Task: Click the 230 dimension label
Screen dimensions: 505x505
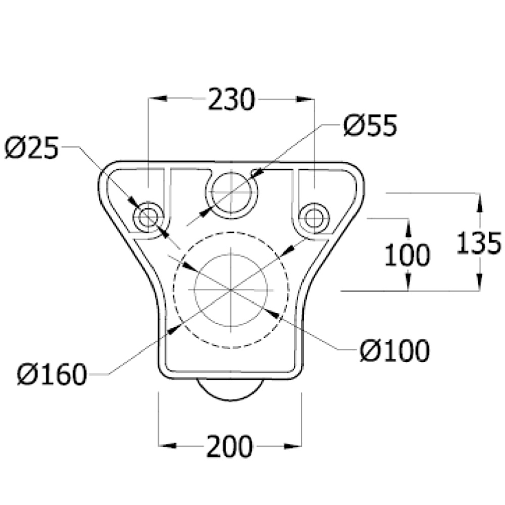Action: point(232,99)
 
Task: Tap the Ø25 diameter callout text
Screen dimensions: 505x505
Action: point(31,148)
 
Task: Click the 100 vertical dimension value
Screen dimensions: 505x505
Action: point(407,255)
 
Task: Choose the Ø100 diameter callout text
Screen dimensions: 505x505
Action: point(394,350)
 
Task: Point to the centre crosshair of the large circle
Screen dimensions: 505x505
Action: point(231,290)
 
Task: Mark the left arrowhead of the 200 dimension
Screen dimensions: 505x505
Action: point(167,446)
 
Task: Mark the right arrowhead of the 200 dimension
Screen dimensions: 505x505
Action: point(294,446)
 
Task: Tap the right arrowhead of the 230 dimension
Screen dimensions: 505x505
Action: point(306,99)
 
